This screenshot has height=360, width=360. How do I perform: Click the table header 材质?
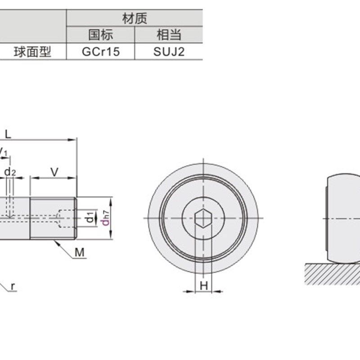135,18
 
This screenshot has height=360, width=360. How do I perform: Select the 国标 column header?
100,35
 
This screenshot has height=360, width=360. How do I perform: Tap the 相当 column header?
169,35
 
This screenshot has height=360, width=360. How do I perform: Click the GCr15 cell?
100,51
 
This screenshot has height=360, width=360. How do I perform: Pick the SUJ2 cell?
169,51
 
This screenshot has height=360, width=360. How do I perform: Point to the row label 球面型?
33,51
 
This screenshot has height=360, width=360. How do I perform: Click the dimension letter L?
8,134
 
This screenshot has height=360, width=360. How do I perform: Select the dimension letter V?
54,171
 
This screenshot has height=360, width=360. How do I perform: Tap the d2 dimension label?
10,171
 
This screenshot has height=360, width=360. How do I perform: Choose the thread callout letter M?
80,252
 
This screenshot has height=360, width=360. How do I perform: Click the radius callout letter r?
13,286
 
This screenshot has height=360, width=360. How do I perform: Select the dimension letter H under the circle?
204,285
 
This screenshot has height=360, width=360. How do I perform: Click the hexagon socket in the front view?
203,218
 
